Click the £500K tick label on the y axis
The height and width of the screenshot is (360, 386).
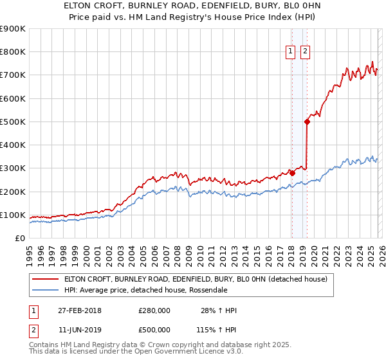(12, 122)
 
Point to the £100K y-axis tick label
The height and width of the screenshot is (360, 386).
(12, 215)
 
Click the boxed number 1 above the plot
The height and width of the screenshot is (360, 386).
(291, 52)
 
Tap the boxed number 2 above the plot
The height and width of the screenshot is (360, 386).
(304, 52)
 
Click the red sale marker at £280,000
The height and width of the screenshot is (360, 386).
(292, 172)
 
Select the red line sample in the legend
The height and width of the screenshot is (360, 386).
(45, 279)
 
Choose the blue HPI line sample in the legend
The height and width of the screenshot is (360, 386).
(45, 291)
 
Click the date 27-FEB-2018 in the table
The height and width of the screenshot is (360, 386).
(79, 310)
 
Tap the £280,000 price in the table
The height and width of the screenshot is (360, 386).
(154, 310)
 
